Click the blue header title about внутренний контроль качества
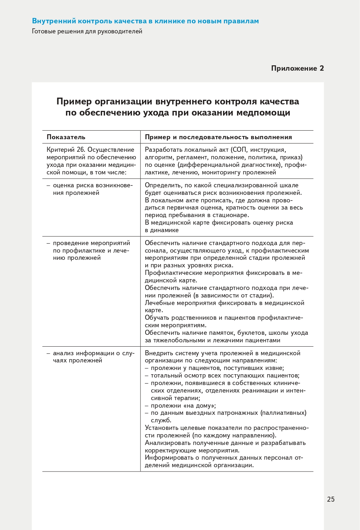(145, 21)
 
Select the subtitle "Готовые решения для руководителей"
(87, 32)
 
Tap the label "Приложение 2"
(297, 69)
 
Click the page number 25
(331, 499)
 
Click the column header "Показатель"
(66, 137)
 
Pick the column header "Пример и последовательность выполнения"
(218, 137)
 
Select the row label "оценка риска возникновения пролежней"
(92, 189)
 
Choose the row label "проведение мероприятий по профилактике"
(91, 250)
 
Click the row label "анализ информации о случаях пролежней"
(93, 357)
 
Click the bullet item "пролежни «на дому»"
(183, 405)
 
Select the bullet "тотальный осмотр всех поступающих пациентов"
(225, 376)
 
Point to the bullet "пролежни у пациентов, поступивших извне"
(217, 368)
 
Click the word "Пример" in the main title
(74, 102)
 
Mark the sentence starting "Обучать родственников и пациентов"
(224, 322)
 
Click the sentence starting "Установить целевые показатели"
(227, 432)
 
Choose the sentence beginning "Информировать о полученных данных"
(224, 461)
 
